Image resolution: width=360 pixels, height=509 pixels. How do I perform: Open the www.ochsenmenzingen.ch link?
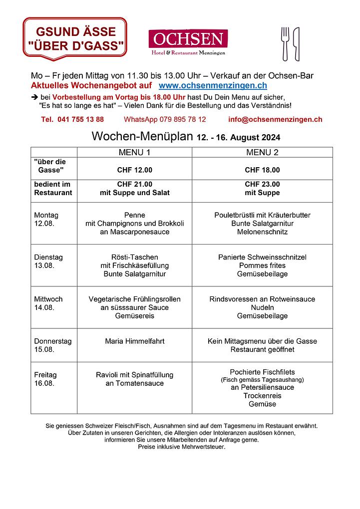(213, 86)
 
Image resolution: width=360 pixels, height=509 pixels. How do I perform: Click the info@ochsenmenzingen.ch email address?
(275, 120)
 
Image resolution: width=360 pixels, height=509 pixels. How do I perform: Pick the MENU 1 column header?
(134, 152)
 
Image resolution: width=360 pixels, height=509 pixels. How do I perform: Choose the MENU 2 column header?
(262, 152)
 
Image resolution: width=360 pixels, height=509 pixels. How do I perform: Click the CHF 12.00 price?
(134, 170)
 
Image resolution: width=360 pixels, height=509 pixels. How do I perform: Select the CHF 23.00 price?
(262, 184)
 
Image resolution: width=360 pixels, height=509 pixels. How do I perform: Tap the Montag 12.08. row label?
(46, 219)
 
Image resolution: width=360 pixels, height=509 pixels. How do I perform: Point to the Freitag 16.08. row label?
(45, 379)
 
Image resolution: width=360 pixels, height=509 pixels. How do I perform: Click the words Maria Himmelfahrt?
(134, 341)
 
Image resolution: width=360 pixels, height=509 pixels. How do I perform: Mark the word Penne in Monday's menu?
(134, 215)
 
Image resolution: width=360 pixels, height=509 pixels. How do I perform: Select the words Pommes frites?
(262, 265)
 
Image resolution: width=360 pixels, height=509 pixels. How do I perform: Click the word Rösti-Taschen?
(134, 257)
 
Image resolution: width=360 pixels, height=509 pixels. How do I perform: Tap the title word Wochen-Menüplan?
(142, 136)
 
